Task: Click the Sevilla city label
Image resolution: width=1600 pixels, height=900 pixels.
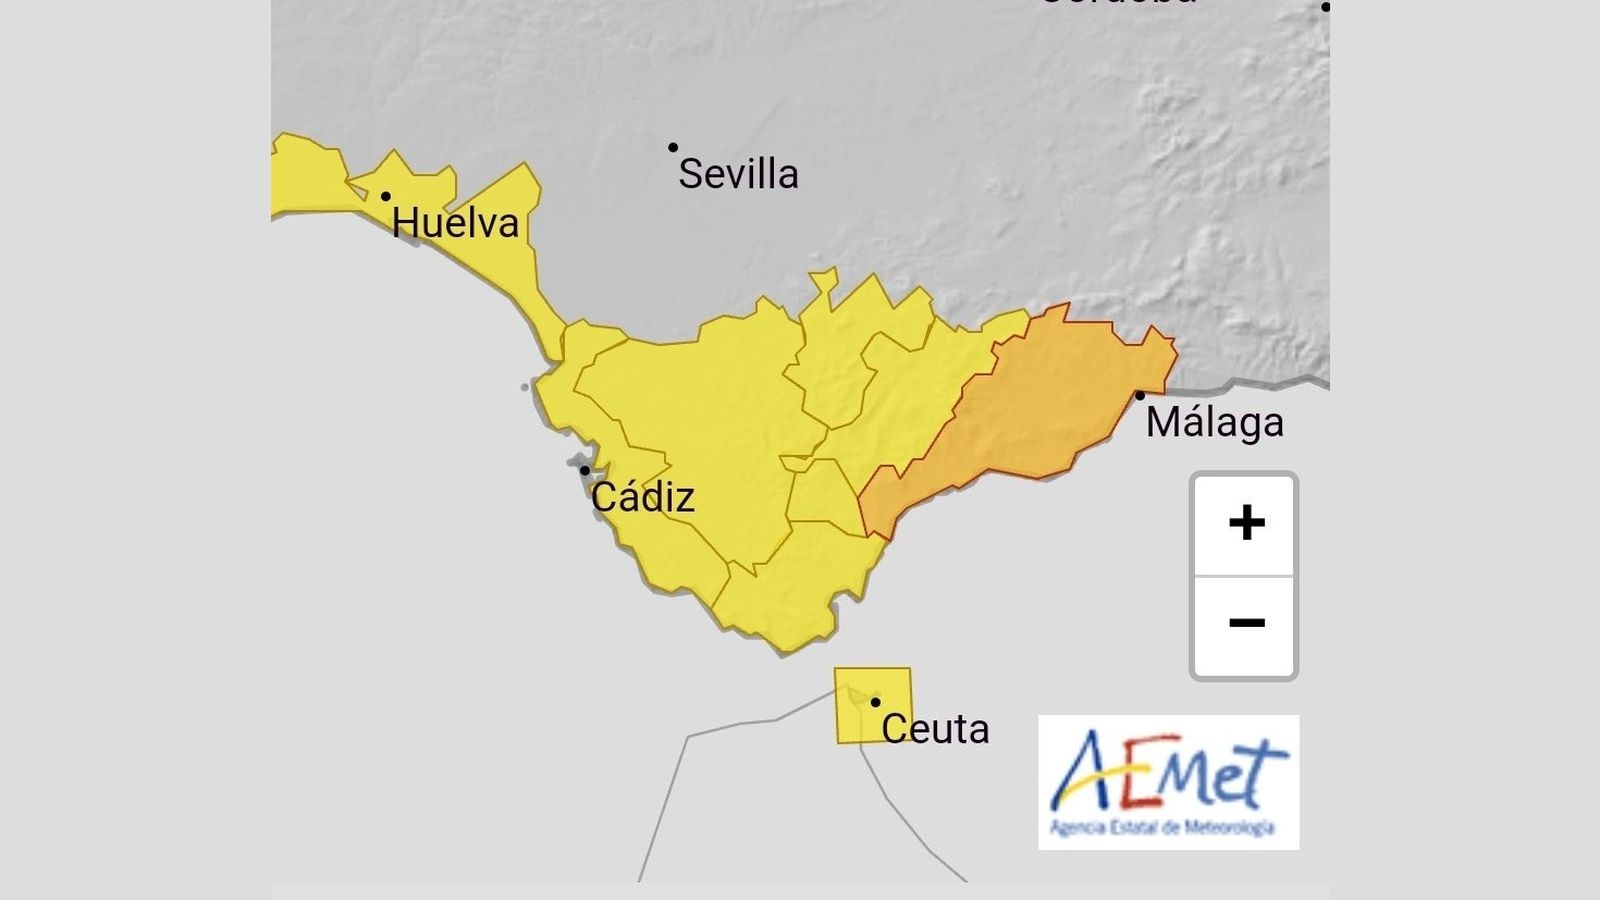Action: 738,174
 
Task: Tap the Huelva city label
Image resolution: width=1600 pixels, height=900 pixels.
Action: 455,223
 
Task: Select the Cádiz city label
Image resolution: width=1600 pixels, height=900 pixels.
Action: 642,497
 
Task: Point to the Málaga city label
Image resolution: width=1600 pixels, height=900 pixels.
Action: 1214,422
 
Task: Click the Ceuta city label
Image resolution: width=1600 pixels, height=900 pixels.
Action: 935,729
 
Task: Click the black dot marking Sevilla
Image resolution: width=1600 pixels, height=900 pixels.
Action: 673,148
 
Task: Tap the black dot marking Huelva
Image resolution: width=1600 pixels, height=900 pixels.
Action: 385,196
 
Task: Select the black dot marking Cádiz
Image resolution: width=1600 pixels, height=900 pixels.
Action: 585,470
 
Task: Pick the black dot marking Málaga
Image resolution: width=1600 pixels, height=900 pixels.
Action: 1139,395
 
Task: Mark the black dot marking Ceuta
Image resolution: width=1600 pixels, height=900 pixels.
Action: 875,702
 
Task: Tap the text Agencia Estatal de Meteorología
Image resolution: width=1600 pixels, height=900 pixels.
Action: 1162,827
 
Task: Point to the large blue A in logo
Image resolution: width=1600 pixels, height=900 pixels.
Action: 1085,770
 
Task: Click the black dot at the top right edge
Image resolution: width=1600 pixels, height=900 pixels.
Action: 1325,7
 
